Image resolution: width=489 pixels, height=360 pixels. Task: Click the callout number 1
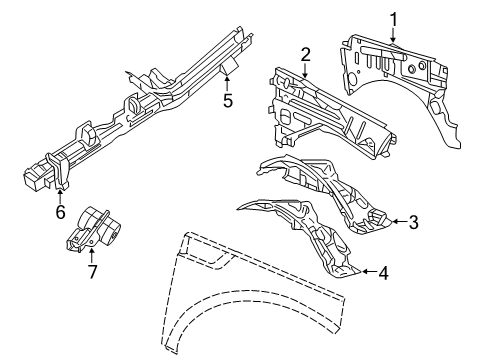[393, 17]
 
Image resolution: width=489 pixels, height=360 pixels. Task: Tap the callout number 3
[414, 222]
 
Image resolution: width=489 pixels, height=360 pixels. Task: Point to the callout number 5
[228, 100]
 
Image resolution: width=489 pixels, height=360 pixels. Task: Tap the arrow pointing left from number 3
[396, 222]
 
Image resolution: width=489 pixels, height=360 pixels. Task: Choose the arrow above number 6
[61, 193]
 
